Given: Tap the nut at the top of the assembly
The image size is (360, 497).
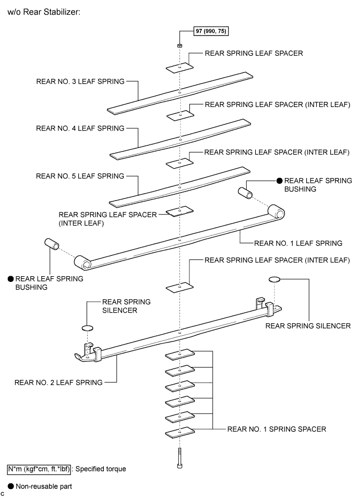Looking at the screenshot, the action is click(x=179, y=45).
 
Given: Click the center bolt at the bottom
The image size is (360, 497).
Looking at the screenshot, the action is click(x=179, y=458).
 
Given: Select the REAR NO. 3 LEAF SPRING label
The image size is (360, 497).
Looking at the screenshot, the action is click(x=80, y=81).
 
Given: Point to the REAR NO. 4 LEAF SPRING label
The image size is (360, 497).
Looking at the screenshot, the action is click(x=80, y=128).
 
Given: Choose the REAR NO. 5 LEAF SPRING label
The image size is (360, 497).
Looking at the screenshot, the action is click(x=80, y=176).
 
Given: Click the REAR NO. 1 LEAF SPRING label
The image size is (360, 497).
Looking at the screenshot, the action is click(x=298, y=243).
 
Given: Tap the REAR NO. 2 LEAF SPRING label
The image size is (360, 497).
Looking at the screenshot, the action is click(x=58, y=383).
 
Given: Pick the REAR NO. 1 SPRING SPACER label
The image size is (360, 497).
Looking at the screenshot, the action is click(x=277, y=429).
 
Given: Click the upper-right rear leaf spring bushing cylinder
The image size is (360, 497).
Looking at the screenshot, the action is click(x=245, y=193).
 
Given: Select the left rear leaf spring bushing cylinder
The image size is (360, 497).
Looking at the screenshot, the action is click(x=52, y=244).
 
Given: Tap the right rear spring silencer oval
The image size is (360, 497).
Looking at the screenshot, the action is click(x=274, y=279).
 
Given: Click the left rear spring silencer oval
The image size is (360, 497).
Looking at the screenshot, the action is click(x=88, y=328).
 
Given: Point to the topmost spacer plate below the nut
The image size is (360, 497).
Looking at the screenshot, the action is click(x=180, y=67).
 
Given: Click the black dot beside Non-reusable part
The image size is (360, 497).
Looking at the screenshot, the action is click(x=11, y=486).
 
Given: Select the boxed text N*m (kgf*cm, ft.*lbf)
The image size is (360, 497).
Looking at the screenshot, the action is click(x=39, y=469).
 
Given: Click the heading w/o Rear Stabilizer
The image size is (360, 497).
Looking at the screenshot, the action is click(x=44, y=12).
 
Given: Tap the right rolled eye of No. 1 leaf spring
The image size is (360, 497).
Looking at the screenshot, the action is click(x=277, y=212).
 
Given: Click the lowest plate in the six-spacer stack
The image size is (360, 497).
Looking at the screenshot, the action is click(x=179, y=432).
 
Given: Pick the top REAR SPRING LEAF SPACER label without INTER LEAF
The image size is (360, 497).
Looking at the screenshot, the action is click(x=254, y=53).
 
